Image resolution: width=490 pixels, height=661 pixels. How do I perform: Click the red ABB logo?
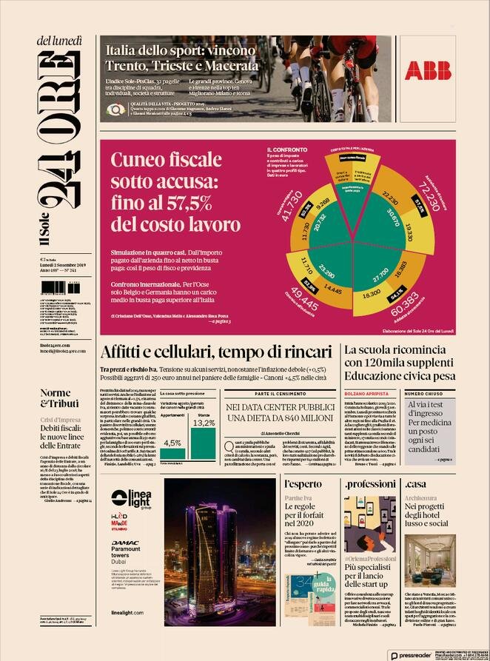tap(428, 70)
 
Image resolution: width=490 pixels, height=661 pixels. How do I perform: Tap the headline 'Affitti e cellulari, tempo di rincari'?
tap(216, 352)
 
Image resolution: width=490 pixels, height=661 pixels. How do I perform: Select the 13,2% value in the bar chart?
tap(204, 423)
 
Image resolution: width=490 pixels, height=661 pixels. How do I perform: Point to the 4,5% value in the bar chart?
tap(172, 443)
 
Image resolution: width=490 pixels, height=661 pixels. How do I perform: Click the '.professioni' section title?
tap(369, 483)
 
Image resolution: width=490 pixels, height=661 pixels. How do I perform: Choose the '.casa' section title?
tap(416, 483)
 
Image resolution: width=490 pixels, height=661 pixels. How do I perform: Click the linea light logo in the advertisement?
tap(131, 478)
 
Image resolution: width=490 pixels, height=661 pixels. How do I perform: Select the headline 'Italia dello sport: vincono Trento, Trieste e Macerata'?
tap(182, 58)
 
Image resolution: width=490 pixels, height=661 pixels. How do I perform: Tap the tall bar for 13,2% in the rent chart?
tap(204, 444)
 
